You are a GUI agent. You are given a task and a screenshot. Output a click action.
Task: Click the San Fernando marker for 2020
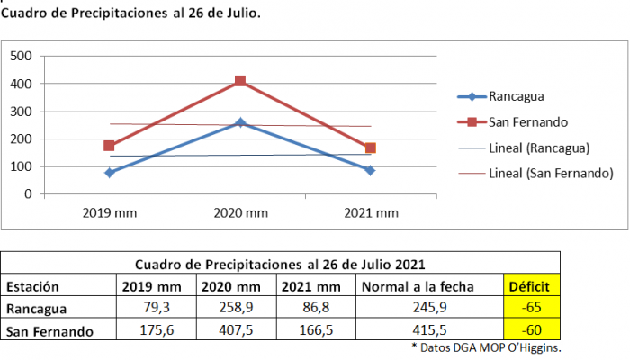click(240, 81)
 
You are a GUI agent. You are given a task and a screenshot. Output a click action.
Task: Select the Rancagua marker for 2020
click(240, 122)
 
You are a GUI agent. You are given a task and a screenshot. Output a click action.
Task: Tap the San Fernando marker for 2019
click(109, 146)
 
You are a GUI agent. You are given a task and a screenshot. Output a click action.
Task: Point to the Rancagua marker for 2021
click(371, 170)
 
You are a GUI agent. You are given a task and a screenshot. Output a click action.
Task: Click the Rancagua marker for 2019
click(109, 172)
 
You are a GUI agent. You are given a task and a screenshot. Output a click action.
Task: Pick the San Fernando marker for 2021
click(371, 148)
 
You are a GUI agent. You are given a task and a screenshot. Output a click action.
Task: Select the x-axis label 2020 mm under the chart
click(240, 212)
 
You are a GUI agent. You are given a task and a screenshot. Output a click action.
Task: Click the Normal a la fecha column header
click(400, 287)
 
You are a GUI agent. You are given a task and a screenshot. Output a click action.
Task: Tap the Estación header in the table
click(33, 287)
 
